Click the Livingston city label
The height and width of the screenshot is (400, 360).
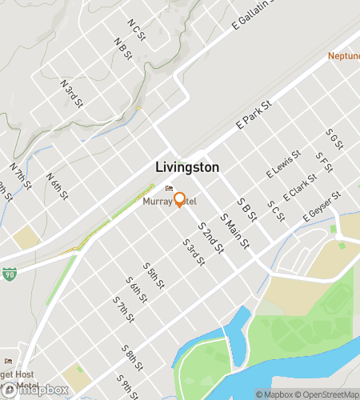(x=186, y=168)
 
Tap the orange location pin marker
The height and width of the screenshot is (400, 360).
(x=180, y=200)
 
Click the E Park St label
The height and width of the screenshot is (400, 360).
(x=255, y=117)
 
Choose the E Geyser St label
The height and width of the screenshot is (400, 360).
(x=322, y=207)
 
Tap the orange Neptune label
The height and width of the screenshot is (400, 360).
(x=343, y=56)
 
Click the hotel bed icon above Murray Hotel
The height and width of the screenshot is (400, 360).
(x=168, y=190)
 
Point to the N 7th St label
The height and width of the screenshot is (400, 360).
(x=21, y=176)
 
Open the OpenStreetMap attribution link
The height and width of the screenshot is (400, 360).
(x=328, y=394)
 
